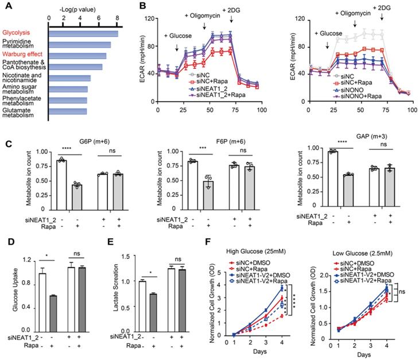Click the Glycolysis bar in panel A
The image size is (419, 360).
point(84,33)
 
